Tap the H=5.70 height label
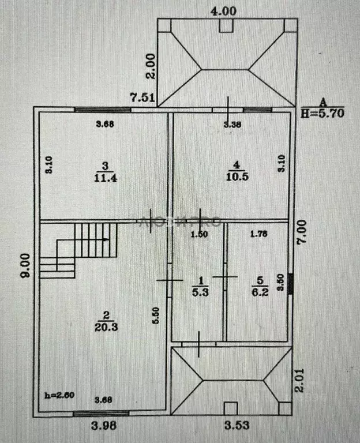pyautogui.click(x=322, y=114)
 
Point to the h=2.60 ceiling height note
pyautogui.click(x=59, y=395)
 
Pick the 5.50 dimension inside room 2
pyautogui.click(x=156, y=316)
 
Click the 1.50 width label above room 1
pyautogui.click(x=199, y=233)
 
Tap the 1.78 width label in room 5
pyautogui.click(x=260, y=233)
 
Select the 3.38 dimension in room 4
pyautogui.click(x=232, y=123)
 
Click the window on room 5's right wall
pyautogui.click(x=290, y=283)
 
